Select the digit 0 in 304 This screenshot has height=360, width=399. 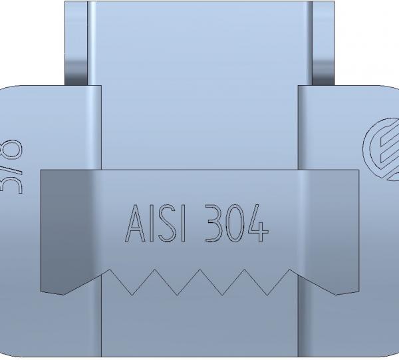tap(236, 224)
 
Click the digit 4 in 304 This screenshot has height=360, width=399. tap(258, 224)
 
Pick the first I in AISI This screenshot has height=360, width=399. tap(151, 224)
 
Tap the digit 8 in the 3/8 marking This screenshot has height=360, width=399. tap(15, 148)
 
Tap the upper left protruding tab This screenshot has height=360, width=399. tap(76, 40)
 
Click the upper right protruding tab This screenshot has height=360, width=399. tap(323, 40)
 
